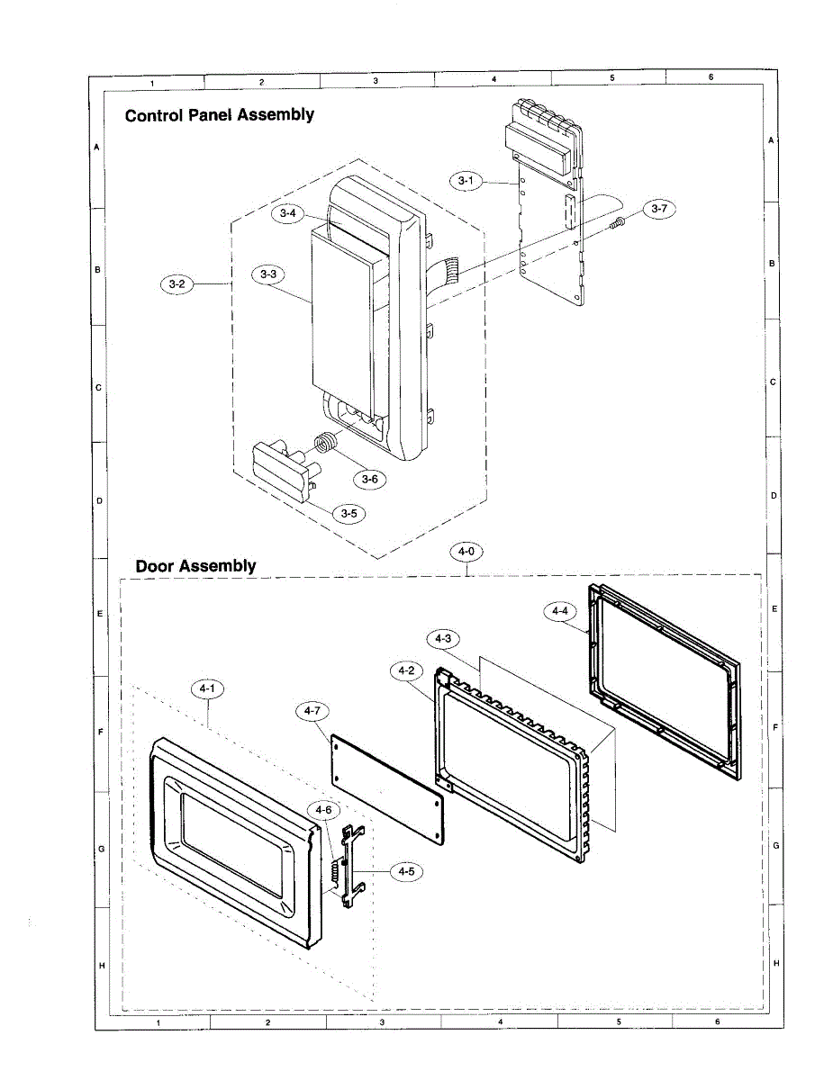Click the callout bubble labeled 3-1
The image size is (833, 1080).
[x=465, y=181]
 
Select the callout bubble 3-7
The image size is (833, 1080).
[x=658, y=208]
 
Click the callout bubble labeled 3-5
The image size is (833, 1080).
[x=347, y=513]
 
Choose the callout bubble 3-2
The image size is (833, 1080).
[x=176, y=284]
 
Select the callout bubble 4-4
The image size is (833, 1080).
[x=560, y=611]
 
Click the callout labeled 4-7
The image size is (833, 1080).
[x=312, y=711]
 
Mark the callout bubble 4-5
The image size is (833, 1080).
[x=406, y=870]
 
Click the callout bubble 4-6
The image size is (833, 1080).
[x=323, y=809]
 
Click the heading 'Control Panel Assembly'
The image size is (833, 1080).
[x=220, y=115]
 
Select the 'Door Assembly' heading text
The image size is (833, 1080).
[x=195, y=566]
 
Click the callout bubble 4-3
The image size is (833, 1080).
[x=442, y=638]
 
